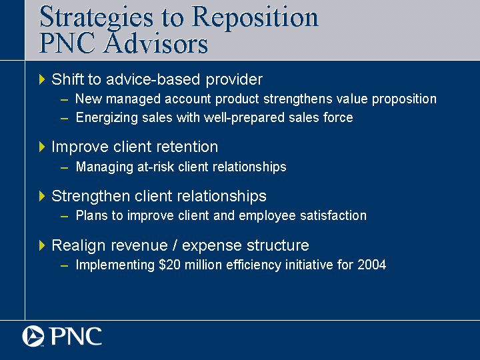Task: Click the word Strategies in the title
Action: [96, 18]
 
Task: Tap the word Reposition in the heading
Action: [255, 18]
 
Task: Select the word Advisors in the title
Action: [156, 43]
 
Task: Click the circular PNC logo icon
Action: [33, 336]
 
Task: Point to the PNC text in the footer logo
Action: [76, 336]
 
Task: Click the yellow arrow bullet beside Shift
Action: [42, 79]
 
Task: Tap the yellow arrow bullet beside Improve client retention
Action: [42, 147]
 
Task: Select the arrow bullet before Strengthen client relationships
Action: [42, 196]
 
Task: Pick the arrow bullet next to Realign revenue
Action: [42, 245]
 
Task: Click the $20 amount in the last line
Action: [169, 265]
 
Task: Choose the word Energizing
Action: [107, 118]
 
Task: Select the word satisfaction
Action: [333, 215]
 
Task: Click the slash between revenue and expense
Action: [175, 245]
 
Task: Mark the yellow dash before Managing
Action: [64, 168]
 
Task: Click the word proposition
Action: [404, 99]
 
